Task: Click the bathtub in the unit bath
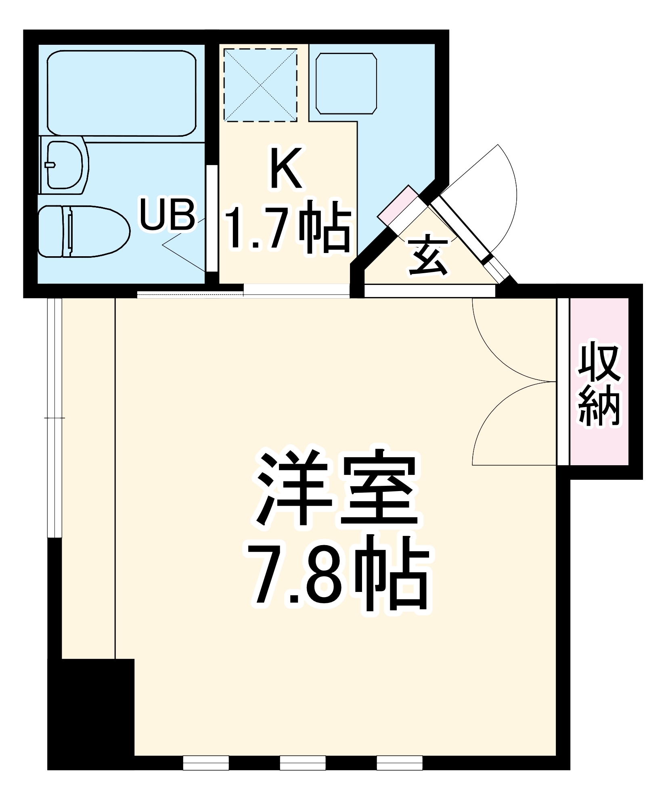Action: click(121, 93)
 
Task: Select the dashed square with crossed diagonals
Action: click(260, 85)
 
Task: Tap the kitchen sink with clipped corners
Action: click(346, 84)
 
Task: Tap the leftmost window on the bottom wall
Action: click(206, 763)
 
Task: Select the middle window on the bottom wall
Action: click(303, 763)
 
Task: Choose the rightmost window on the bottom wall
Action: click(400, 763)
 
